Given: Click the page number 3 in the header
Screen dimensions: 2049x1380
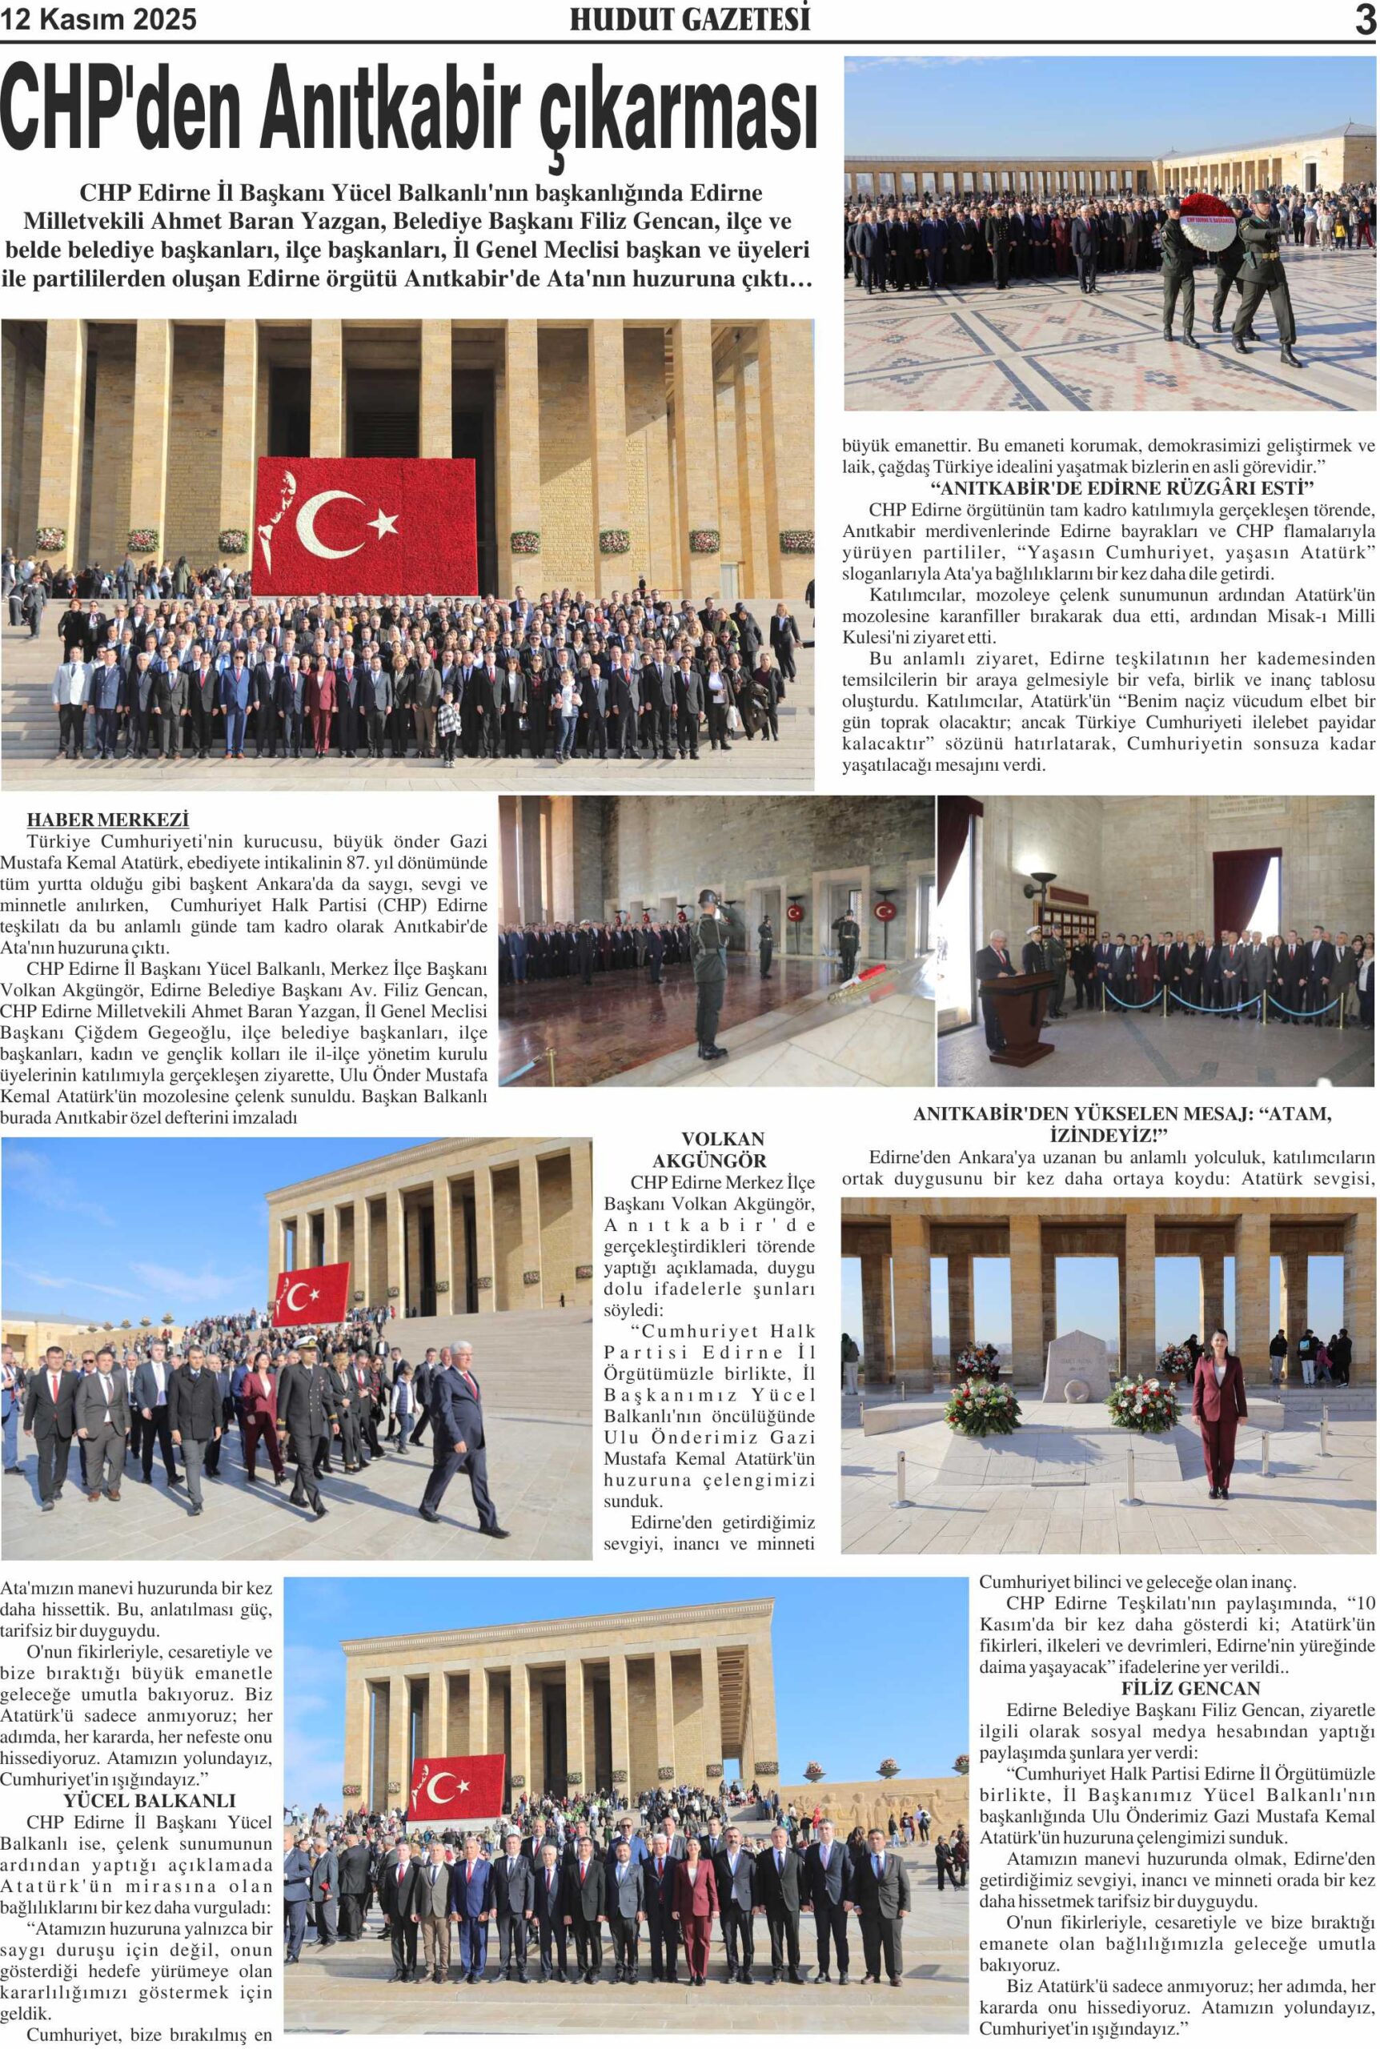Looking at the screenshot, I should point(1365,19).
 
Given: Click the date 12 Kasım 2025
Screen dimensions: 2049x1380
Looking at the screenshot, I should point(98,19).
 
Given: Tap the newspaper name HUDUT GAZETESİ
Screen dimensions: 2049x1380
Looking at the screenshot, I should point(689,19).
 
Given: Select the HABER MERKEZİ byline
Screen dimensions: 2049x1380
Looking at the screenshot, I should point(107,820).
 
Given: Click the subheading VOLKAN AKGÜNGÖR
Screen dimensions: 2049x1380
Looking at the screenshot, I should point(709,1149).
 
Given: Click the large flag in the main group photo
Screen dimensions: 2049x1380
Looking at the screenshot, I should point(365,525).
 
